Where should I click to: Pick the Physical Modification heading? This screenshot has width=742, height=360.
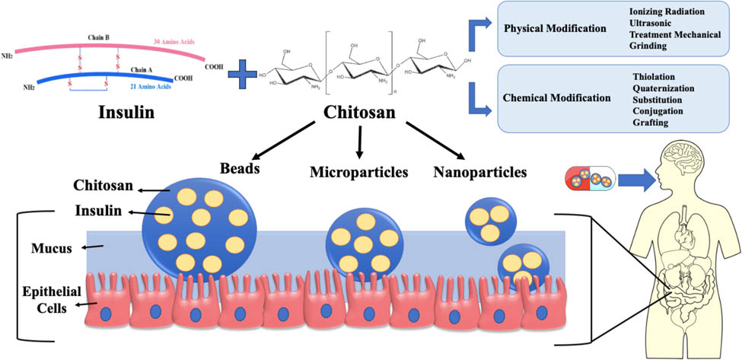tap(555, 29)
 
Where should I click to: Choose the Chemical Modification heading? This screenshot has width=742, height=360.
tap(557, 98)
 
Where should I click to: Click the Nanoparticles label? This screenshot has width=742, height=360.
tap(480, 172)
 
